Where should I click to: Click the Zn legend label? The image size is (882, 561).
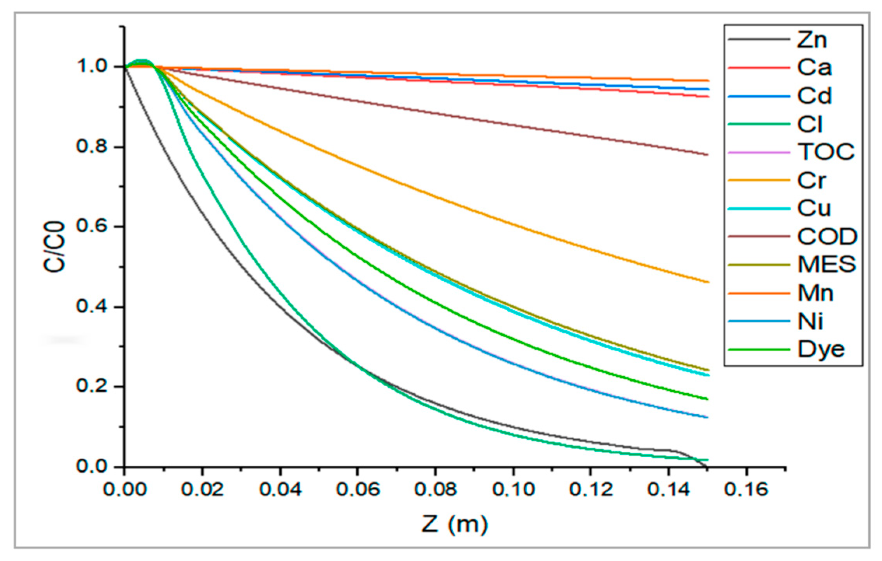pos(812,40)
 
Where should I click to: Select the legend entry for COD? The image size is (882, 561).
pos(826,237)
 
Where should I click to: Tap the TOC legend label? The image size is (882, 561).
pos(826,152)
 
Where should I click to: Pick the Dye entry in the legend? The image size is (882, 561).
pos(821,349)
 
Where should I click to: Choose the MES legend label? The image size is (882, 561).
pos(826,265)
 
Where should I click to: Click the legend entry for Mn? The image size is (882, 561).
pos(815,293)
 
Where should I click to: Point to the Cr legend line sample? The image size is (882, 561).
pos(759,181)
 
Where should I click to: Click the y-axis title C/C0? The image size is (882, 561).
pos(54,247)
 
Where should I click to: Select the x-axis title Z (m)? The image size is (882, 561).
pos(454,524)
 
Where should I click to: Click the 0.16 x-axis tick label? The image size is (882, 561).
pos(746,489)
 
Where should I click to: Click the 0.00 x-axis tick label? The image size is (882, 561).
pos(124,489)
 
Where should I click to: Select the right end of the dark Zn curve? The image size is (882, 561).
pos(706,466)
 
